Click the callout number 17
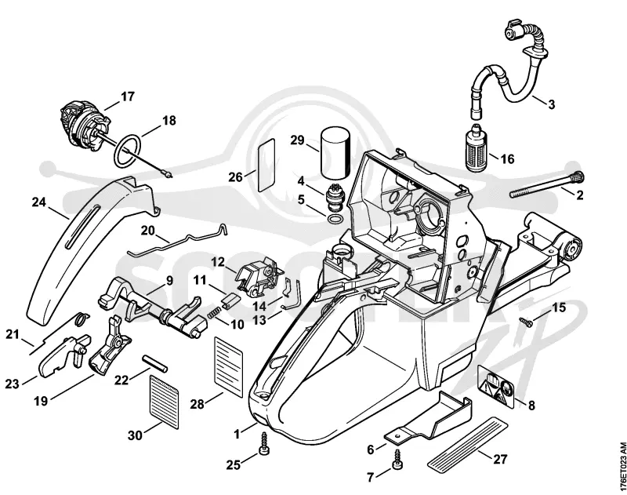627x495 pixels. (x=128, y=96)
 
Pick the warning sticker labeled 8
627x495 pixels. (x=495, y=386)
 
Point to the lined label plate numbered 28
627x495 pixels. (x=229, y=366)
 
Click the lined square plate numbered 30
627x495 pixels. (x=164, y=402)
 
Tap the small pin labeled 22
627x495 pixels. (x=155, y=363)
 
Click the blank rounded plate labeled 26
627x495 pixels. (x=266, y=166)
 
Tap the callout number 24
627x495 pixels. (x=38, y=202)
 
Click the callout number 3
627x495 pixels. (x=552, y=104)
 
